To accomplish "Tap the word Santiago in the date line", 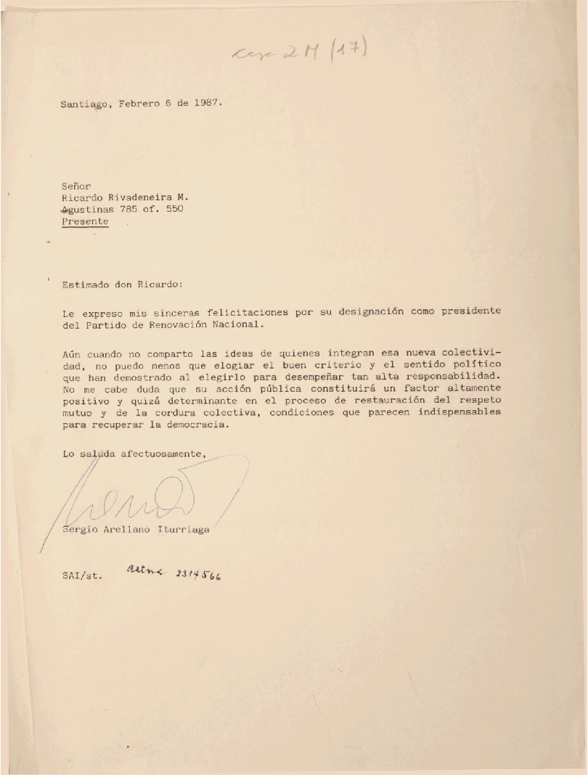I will pyautogui.click(x=84, y=104).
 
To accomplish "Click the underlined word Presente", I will pyautogui.click(x=85, y=221).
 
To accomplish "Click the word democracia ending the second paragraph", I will pyautogui.click(x=195, y=425).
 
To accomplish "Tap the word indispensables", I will pyautogui.click(x=460, y=413).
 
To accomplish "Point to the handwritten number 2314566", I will pyautogui.click(x=198, y=574).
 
